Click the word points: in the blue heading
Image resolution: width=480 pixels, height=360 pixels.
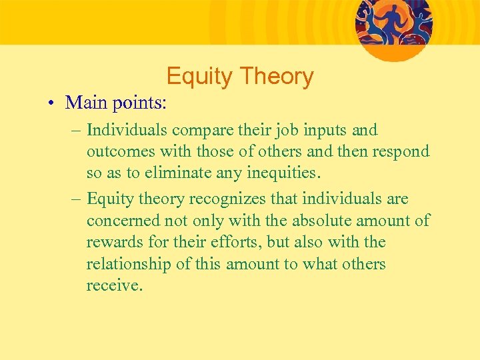coord(141,104)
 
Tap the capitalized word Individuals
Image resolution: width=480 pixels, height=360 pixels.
coord(127,130)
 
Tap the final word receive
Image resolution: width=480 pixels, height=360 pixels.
coord(114,287)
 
